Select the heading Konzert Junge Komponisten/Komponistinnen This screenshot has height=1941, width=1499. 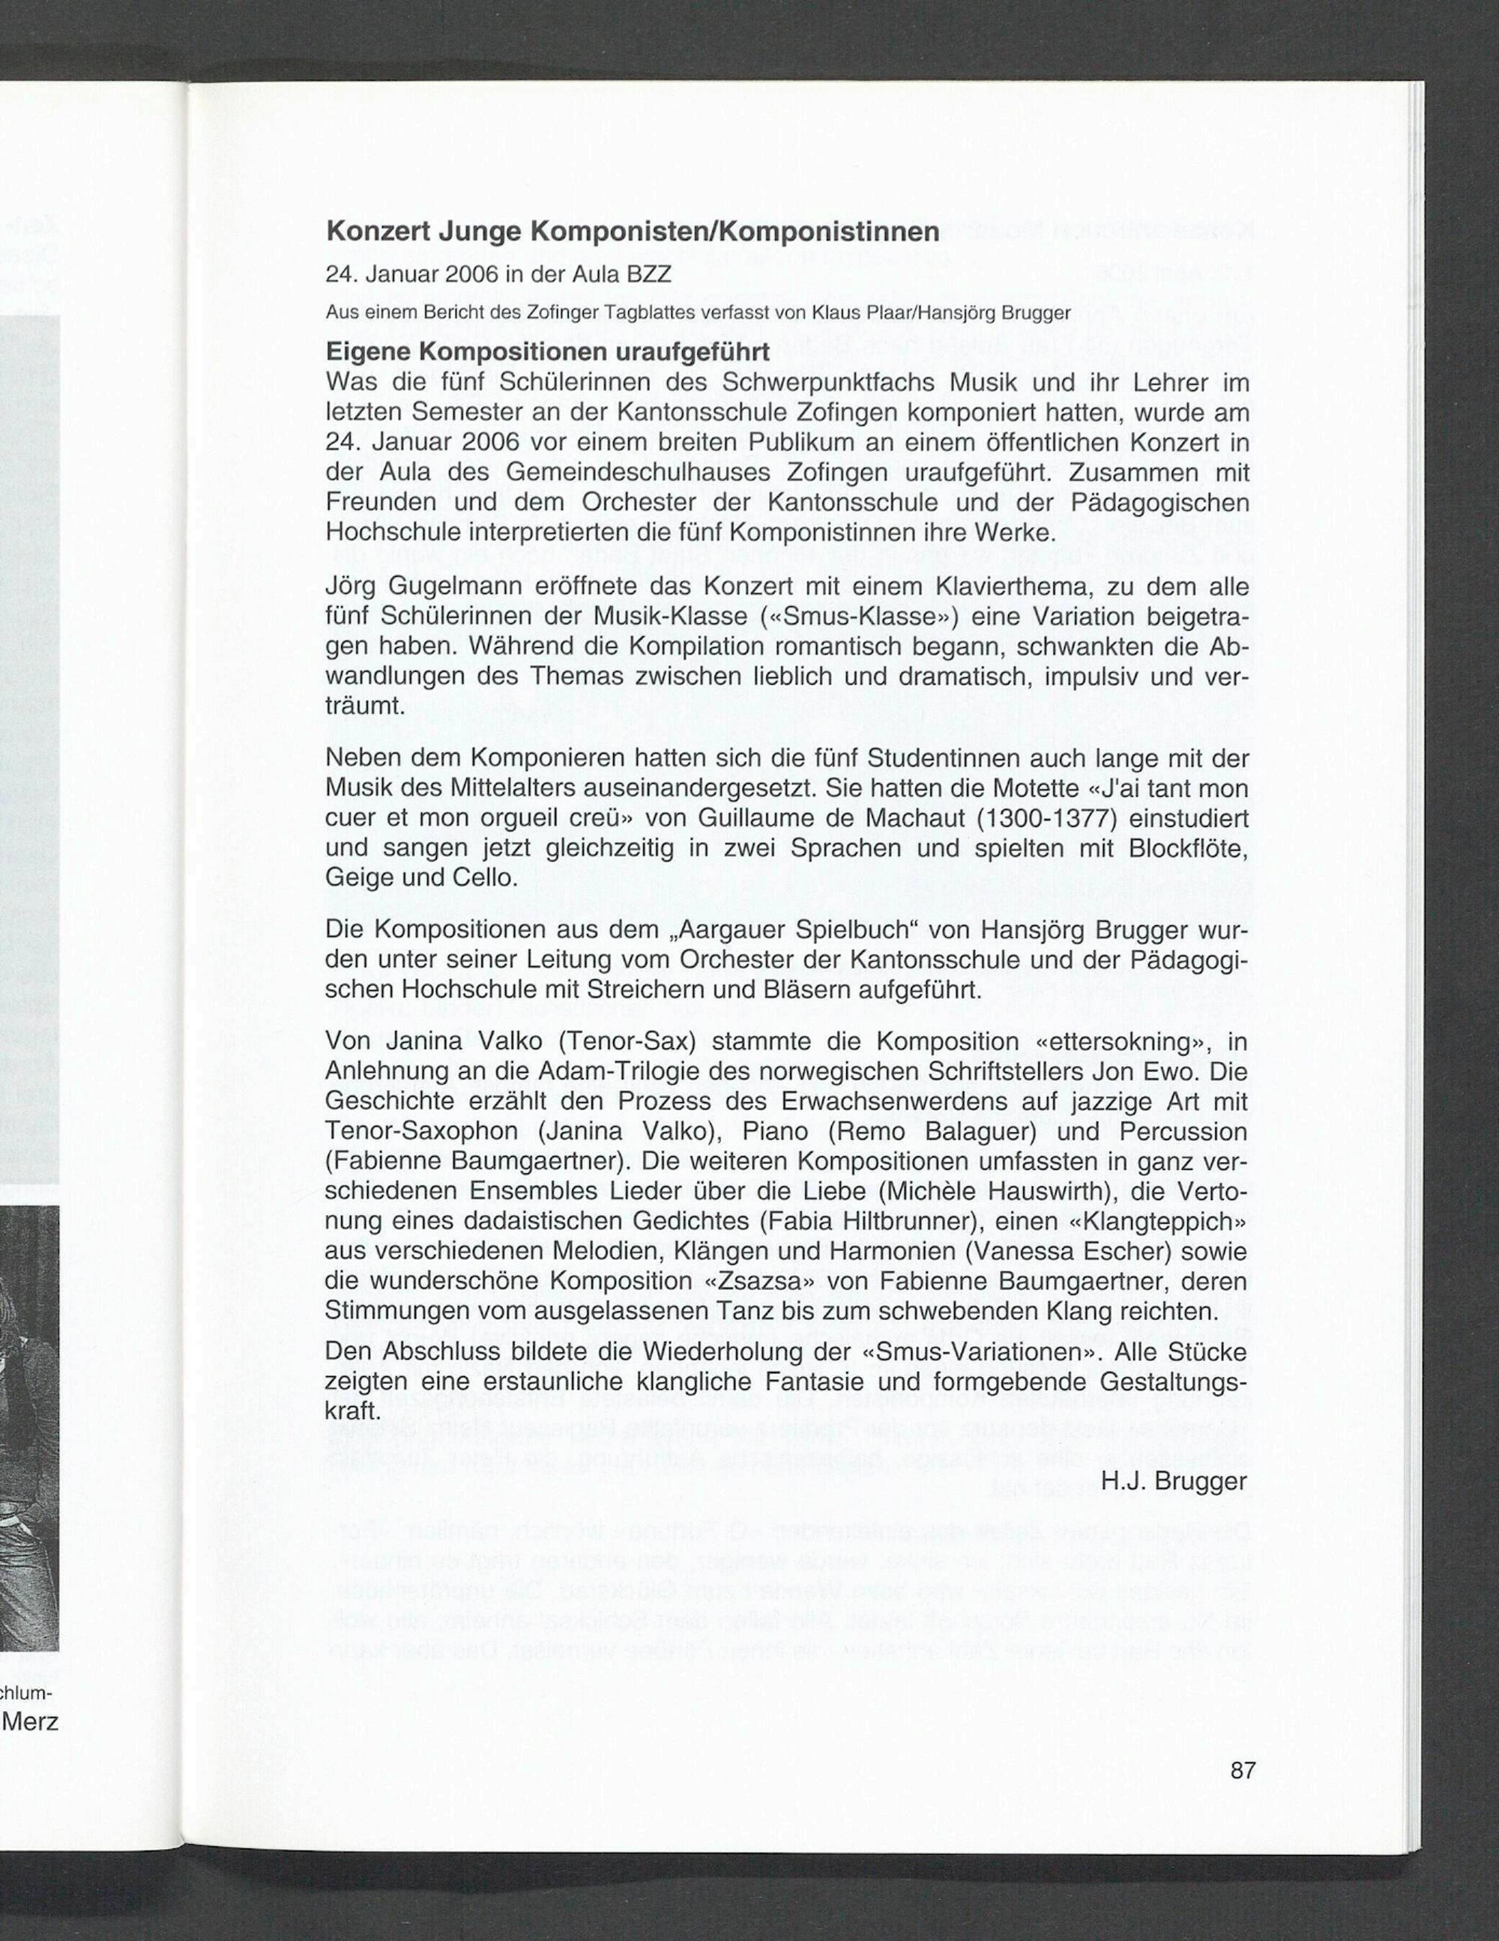click(632, 232)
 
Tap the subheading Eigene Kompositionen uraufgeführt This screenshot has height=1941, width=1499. click(547, 352)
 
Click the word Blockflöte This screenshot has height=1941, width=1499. click(1188, 848)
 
